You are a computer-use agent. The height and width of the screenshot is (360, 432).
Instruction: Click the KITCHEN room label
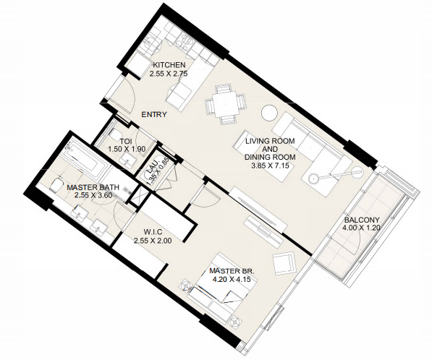pos(169,65)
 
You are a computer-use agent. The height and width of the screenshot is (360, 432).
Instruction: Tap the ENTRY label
pos(154,114)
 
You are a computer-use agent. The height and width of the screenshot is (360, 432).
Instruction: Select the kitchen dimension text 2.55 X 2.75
pos(169,74)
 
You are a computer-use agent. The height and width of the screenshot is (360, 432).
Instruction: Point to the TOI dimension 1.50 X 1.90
pos(127,150)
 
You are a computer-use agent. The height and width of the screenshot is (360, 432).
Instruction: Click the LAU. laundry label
pos(153,167)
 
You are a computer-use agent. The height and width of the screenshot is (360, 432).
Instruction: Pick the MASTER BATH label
pos(93,188)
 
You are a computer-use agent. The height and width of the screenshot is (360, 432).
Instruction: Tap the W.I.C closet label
pos(151,233)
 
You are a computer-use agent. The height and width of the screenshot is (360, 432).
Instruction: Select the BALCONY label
pos(362,220)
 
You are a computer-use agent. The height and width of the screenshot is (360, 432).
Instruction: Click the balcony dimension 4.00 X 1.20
pos(361,228)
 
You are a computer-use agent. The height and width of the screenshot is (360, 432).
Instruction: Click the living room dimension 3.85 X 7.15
pos(271,166)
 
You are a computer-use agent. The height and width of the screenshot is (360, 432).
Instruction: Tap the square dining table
pos(225,105)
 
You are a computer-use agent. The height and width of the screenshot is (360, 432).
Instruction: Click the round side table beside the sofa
pos(269,113)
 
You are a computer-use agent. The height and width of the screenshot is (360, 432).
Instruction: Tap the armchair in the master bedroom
pos(284,263)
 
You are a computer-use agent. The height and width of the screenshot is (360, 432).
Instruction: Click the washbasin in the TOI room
pos(127,160)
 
